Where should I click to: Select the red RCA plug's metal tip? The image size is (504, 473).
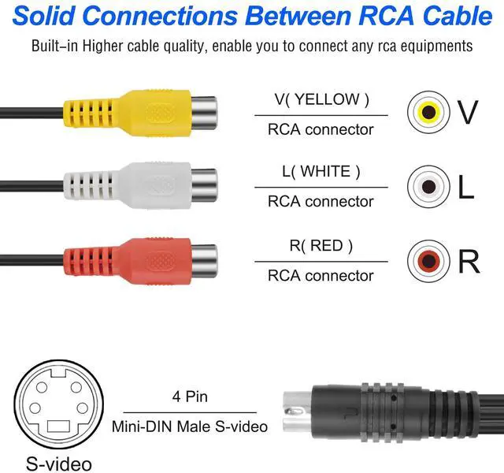pos(204,261)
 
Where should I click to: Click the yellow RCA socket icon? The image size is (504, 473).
pos(428,112)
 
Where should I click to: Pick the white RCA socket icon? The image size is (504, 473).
pos(428,186)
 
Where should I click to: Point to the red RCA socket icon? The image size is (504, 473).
pos(428,261)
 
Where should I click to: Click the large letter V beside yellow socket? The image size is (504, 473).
pos(468,112)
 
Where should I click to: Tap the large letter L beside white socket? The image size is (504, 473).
pos(465,187)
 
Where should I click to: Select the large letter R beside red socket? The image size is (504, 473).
pos(469,261)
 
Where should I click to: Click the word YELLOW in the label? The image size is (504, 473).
pos(327,99)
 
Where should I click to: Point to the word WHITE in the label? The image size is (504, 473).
pos(325,171)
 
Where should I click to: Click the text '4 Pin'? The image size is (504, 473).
pos(190,397)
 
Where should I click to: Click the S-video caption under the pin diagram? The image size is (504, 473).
pos(59,464)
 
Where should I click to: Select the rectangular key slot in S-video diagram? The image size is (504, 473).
pos(58,426)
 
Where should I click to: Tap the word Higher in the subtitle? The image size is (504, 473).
pos(103,46)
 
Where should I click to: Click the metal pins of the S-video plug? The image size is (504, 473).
pos(298,412)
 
